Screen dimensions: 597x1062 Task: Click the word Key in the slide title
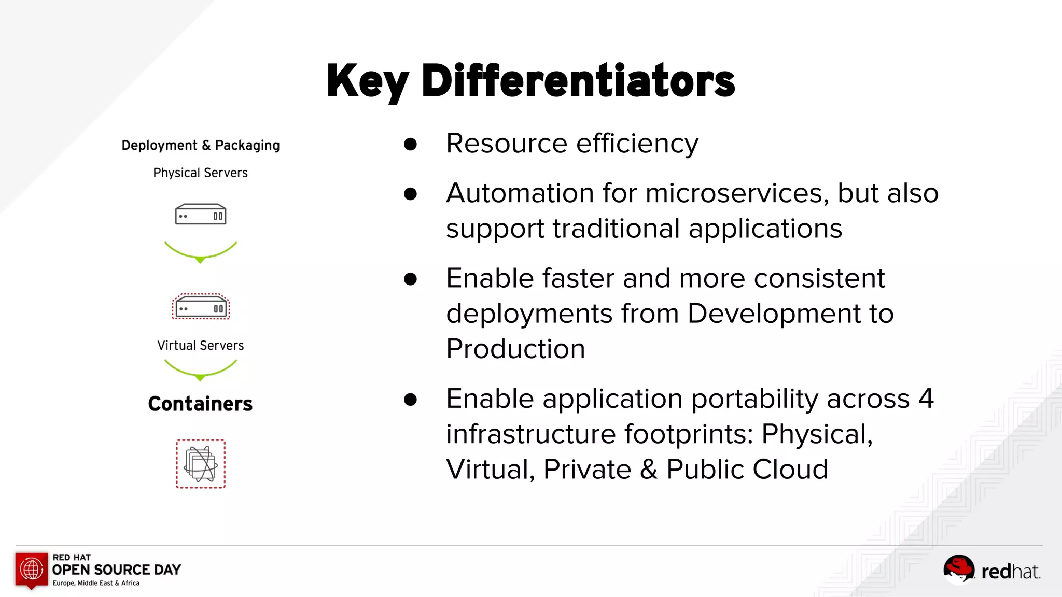367,81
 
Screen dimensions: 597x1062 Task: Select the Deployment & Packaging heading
201,146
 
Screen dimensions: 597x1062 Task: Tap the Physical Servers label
201,173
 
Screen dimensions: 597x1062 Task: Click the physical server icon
201,214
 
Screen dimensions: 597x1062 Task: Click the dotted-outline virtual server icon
201,307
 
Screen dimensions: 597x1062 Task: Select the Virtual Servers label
201,346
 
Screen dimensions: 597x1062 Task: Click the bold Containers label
201,404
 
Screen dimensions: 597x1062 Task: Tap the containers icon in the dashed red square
201,464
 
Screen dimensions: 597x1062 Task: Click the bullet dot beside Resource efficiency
410,144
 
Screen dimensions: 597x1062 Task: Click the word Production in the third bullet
515,349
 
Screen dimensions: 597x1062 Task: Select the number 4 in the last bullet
926,399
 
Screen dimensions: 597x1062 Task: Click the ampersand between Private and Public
649,470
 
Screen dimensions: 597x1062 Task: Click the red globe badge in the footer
32,570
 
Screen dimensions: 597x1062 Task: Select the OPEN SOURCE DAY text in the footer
117,570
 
